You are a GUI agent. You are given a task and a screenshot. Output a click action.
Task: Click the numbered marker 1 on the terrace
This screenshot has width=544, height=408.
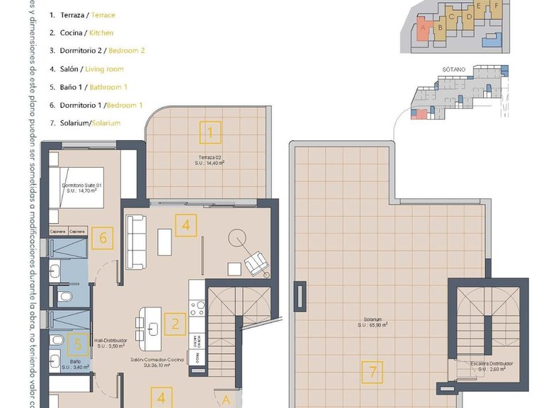coord(210,132)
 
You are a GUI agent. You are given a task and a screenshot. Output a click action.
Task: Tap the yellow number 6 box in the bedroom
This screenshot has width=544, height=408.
coord(103,237)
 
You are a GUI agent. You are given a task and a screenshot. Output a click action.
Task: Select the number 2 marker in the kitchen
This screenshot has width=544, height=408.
coord(175,324)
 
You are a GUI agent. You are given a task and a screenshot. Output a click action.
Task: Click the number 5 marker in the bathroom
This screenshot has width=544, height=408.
coord(79,344)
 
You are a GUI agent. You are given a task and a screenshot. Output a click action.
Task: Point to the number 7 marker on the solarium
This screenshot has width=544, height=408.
coord(372,371)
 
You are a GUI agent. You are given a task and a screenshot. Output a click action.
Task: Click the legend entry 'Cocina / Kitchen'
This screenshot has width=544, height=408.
coord(82,33)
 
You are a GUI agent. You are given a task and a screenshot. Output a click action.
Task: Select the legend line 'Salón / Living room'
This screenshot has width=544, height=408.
coord(87,69)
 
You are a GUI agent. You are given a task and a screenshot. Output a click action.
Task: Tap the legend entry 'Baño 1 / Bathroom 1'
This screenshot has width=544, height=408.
coord(89,87)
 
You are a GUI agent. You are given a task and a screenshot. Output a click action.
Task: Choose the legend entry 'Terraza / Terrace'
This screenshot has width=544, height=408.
coord(84,15)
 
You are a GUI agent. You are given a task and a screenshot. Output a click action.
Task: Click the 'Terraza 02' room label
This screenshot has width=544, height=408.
coord(210,156)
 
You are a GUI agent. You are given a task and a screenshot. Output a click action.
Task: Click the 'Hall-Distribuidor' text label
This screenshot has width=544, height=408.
coord(109,341)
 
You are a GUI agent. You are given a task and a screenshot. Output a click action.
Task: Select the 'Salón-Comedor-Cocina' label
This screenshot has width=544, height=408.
coord(157,360)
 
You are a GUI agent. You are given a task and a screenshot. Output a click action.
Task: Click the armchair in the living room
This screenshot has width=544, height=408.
coord(256,264)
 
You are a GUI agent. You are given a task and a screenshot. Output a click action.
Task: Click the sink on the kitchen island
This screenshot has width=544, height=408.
coord(154,327)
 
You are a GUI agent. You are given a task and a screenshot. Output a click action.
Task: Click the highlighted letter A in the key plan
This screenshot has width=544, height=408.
coord(424,28)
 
